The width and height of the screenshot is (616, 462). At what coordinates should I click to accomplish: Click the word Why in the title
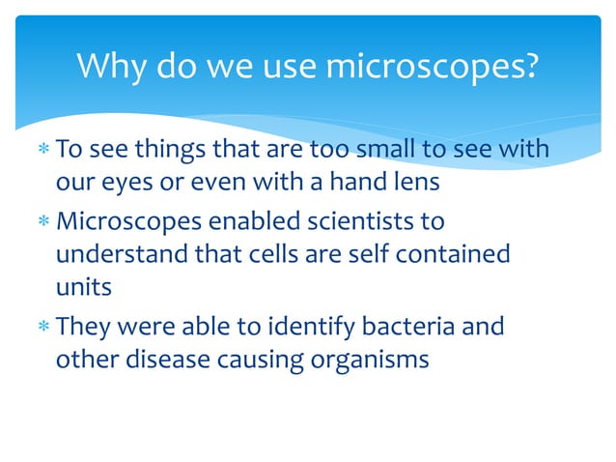[x=110, y=67]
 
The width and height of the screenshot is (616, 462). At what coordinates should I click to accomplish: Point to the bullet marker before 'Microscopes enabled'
[x=42, y=222]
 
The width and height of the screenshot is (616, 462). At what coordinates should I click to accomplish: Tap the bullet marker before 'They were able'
[x=42, y=327]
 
